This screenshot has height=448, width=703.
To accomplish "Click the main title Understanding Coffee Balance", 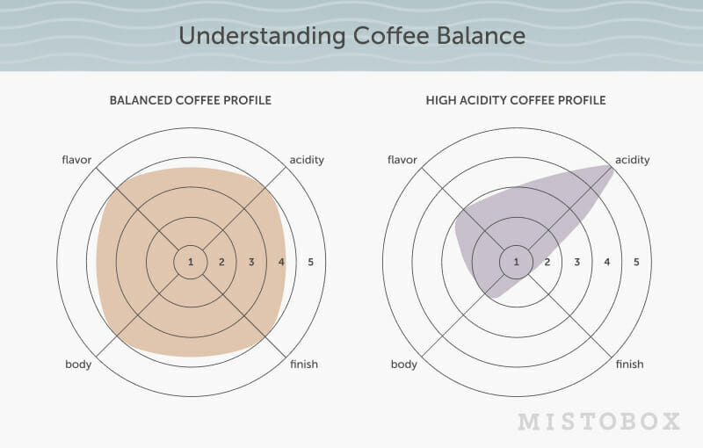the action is pos(352,36).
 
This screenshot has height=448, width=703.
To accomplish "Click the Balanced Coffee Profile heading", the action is pos(191,100).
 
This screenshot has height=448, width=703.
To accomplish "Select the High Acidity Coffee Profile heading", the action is pos(516,100).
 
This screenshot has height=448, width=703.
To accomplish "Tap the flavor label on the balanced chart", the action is pos(76,160).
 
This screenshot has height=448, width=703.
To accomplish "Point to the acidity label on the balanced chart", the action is pos(307,161).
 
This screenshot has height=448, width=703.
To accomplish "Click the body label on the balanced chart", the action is pos(78,365).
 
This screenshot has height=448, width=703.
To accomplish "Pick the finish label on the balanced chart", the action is pos(304,365).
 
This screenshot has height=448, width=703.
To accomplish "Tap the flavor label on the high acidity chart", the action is pos(402,160).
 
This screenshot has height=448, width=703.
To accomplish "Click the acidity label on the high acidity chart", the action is pos(632,161).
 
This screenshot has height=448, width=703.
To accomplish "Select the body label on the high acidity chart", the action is pos(404,365).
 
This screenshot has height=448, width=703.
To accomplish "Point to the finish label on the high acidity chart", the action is pos(629,365).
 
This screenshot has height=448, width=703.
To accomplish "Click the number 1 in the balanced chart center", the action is pos(191,262).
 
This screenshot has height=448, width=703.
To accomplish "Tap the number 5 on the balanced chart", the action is pos(311,262).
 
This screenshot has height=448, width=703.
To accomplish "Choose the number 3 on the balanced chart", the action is pos(251,262).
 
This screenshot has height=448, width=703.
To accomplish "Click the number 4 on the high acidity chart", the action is pos(607,262).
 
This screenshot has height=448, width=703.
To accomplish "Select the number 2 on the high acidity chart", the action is pos(547,262).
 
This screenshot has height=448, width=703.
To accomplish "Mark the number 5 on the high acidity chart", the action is pos(636,262).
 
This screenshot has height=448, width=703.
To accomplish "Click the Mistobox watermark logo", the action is pos(599,422).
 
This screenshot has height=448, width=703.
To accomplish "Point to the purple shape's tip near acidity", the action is pos(612,167).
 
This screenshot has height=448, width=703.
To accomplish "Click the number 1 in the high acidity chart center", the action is pos(516,262).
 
